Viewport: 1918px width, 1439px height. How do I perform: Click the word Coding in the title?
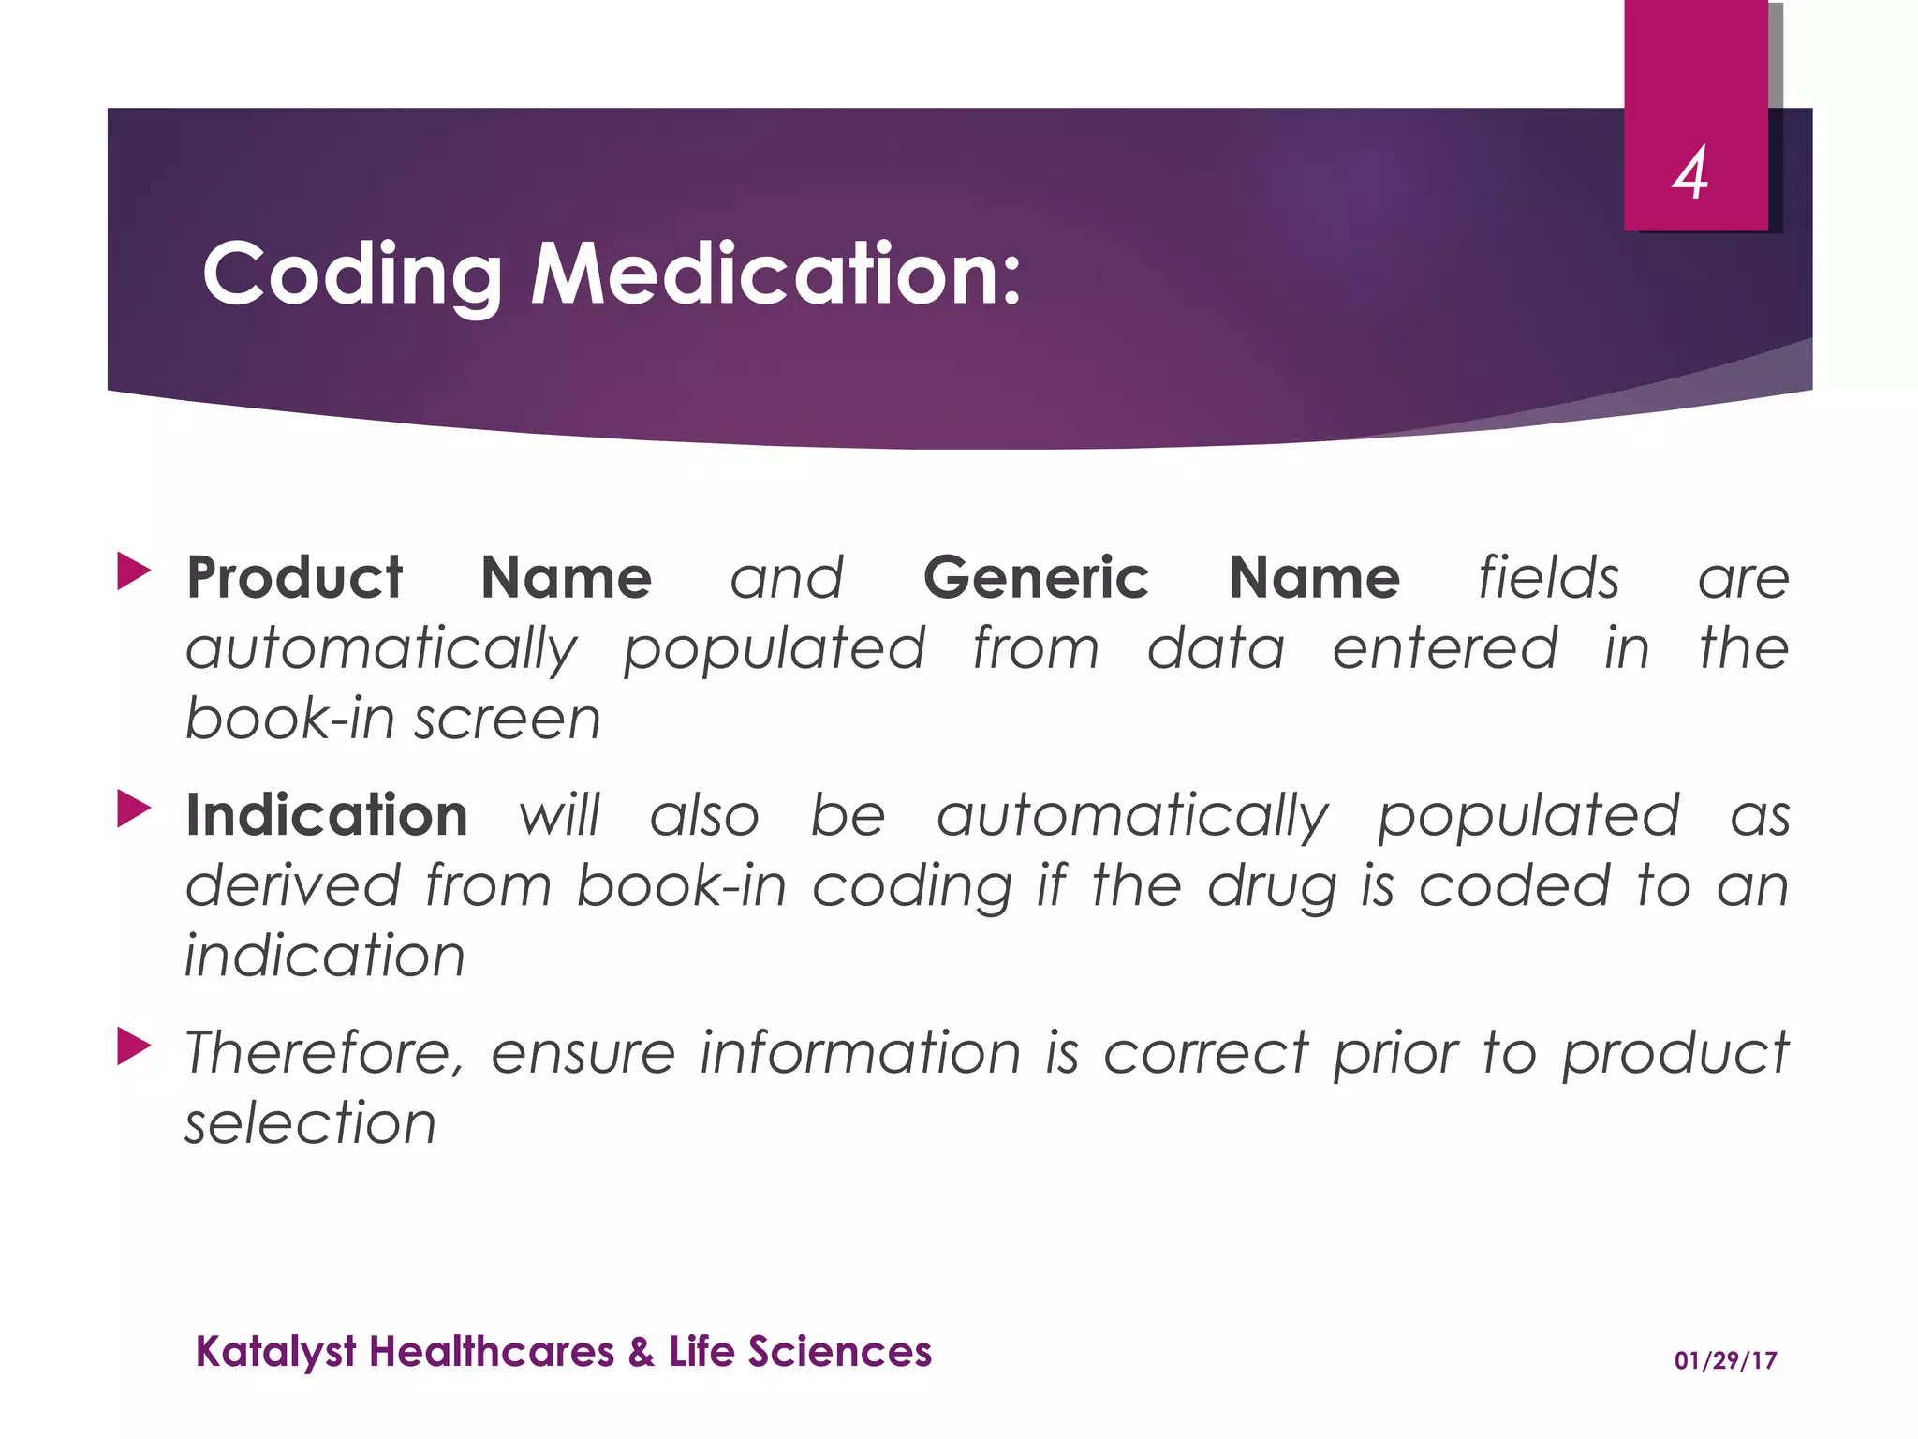[352, 274]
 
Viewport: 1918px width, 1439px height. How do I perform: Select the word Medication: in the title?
[775, 274]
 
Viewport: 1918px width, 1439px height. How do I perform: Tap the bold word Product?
[294, 577]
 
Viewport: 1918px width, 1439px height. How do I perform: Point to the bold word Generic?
[1035, 577]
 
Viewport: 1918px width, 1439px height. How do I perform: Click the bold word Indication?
[327, 815]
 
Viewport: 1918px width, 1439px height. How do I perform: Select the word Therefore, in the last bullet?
[324, 1052]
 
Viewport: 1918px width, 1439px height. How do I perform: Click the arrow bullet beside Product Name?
[133, 571]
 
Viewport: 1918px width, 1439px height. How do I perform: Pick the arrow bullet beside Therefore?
[133, 1046]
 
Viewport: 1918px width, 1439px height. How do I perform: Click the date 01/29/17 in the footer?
[1725, 1360]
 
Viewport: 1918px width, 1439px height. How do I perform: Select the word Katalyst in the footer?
[275, 1352]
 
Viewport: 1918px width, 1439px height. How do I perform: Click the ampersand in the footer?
[642, 1352]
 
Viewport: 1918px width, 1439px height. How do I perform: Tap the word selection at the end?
[310, 1123]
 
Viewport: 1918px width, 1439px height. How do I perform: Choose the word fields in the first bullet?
[1548, 577]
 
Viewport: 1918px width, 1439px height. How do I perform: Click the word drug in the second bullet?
[1271, 886]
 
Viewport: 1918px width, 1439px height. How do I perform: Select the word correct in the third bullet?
[1205, 1052]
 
